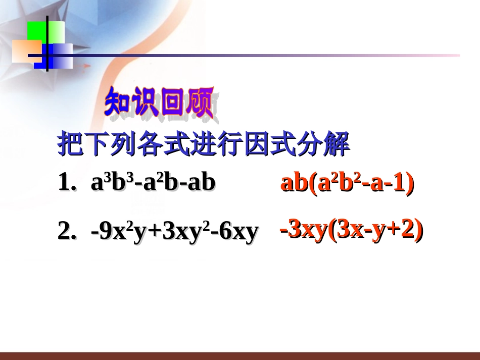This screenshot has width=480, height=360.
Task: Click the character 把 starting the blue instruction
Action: (x=69, y=145)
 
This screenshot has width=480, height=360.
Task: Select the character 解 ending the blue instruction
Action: (x=337, y=145)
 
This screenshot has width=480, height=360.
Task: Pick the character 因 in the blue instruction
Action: (x=255, y=145)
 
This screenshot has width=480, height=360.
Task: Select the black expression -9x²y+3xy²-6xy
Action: (x=174, y=232)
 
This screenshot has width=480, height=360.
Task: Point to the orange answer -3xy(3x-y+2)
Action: (x=351, y=231)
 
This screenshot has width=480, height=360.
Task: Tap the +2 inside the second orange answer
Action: (x=404, y=231)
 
